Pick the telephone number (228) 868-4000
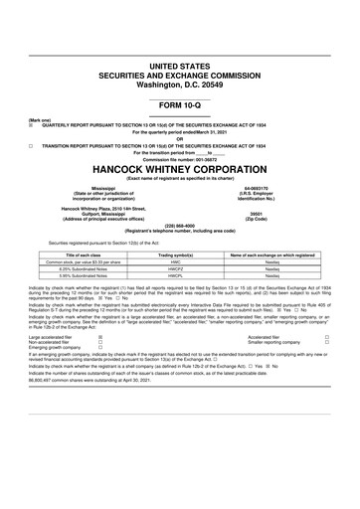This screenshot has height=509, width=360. pyautogui.click(x=180, y=224)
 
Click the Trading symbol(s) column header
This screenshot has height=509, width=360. pyautogui.click(x=180, y=255)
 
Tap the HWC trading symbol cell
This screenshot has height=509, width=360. pyautogui.click(x=180, y=263)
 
